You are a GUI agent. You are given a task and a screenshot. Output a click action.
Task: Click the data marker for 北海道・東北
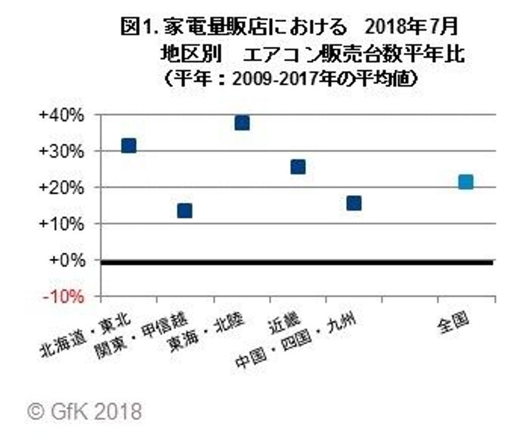(128, 146)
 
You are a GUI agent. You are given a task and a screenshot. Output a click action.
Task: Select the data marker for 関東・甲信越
(184, 211)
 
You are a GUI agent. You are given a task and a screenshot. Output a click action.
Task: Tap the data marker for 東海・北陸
(242, 123)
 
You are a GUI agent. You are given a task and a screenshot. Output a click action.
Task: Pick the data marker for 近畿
(298, 166)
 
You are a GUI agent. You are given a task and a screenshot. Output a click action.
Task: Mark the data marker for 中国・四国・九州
(354, 203)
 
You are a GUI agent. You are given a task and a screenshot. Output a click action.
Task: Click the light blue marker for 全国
(465, 182)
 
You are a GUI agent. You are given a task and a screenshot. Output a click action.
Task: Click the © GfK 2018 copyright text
(85, 411)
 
